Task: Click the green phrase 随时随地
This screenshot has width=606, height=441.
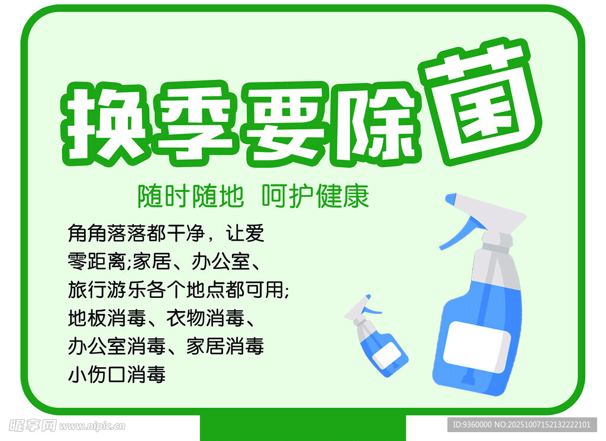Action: [x=191, y=196]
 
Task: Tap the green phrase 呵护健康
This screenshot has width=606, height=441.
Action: [x=315, y=196]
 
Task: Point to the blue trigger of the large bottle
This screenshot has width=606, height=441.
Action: [x=458, y=232]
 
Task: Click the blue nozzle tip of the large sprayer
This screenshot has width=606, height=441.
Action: [x=450, y=199]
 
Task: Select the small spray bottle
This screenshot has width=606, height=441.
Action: [x=376, y=335]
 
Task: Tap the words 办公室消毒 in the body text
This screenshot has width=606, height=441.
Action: [x=117, y=346]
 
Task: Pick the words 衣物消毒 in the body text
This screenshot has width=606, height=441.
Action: [x=205, y=318]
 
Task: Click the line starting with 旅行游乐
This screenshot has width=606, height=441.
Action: [x=179, y=290]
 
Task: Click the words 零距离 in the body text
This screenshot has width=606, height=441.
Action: [x=97, y=261]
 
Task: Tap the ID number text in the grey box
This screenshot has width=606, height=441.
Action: [x=522, y=425]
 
